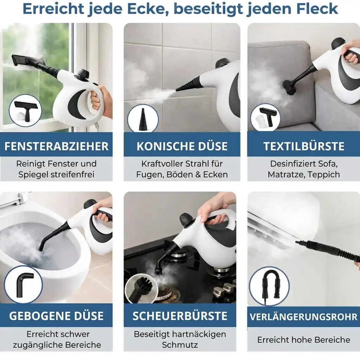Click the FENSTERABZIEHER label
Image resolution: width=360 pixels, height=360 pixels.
[57, 146]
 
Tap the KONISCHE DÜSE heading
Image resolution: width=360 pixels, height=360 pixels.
[182, 146]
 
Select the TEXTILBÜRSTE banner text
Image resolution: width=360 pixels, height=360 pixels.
[304, 146]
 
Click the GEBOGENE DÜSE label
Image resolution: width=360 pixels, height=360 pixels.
[56, 315]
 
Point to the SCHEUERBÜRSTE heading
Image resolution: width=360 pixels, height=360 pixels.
[180, 315]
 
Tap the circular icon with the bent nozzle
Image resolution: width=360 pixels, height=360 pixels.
[24, 284]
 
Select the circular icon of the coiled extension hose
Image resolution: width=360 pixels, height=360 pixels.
[269, 286]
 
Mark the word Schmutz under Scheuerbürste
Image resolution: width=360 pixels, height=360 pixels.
[180, 345]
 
